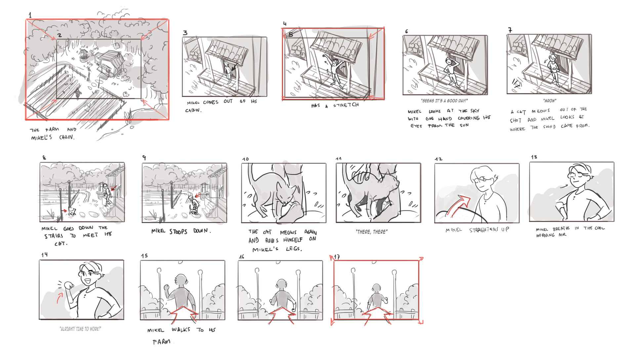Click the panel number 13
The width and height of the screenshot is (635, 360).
[x=534, y=157]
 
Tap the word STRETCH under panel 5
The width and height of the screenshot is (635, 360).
[x=346, y=105]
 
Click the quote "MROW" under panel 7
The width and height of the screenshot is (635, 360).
[x=549, y=101]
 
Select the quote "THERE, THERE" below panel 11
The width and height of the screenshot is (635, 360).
[x=371, y=232]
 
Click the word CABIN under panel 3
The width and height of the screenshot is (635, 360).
[x=193, y=110]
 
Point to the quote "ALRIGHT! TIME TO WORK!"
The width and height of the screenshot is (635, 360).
[x=80, y=329]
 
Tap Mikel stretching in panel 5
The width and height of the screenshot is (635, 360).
[x=335, y=71]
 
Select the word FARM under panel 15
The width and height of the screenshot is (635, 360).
[x=161, y=341]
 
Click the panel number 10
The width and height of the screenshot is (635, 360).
[x=245, y=159]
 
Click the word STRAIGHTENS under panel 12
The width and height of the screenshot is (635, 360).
[x=484, y=230]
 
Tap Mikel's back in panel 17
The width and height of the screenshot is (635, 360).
[x=376, y=299]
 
